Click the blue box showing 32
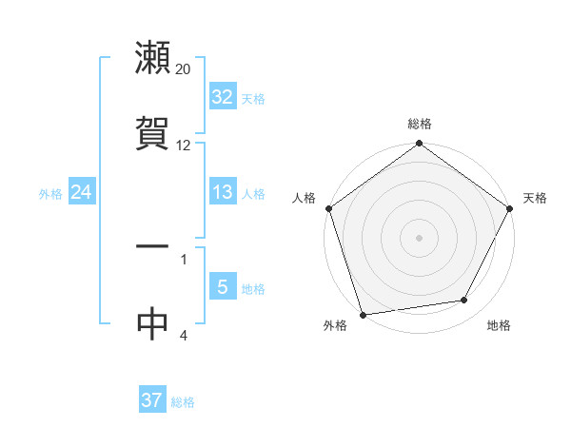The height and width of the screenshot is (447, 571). coord(223,97)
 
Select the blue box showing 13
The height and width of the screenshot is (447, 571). coord(223,192)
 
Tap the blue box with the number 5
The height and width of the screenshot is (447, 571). coord(223,287)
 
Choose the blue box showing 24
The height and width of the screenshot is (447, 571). coord(82,192)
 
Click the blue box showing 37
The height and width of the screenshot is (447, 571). coord(152,400)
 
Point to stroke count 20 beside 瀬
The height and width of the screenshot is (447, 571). coord(184,69)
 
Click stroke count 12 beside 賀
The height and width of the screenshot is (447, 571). coord(184,146)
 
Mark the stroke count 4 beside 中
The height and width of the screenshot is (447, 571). coord(184,335)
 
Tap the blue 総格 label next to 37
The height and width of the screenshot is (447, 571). coord(183,402)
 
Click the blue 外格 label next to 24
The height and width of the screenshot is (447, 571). coord(50,194)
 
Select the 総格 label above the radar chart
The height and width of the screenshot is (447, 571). coord(420,124)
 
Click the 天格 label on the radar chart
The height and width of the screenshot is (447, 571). coord(536,198)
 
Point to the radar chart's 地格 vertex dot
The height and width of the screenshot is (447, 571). coord(464,301)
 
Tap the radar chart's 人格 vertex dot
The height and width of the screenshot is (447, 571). coord(329,208)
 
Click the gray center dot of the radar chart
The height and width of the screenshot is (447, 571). coord(420,238)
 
